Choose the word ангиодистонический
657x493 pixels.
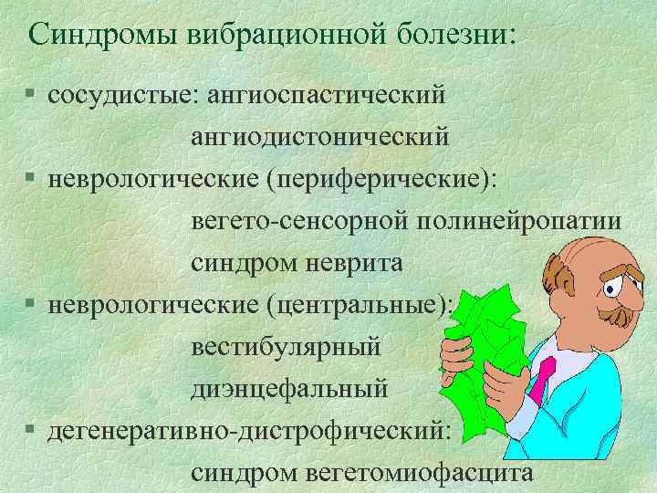coord(319,137)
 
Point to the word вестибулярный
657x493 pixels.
coord(286,348)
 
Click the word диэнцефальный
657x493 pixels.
coord(288,390)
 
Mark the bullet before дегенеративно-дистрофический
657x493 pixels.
coord(32,433)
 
